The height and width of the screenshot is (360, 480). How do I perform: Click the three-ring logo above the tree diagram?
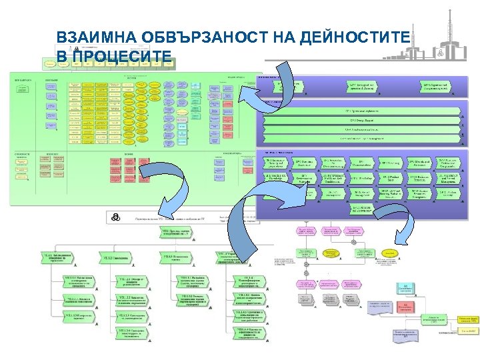pyautogui.click(x=115, y=217)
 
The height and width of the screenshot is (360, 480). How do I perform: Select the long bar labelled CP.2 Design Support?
pyautogui.click(x=362, y=120)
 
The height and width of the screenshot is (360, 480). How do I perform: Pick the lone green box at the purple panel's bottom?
pyautogui.click(x=362, y=208)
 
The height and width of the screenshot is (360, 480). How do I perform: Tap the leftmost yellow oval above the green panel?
pyautogui.click(x=49, y=64)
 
